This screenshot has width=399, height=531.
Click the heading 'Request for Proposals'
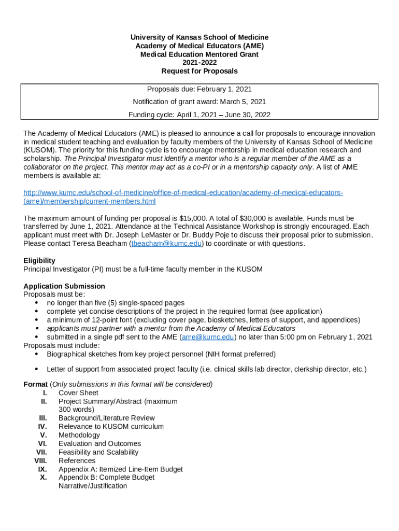[x=199, y=71]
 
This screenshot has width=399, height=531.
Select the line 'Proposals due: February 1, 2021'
[x=199, y=89]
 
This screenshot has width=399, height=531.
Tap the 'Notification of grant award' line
[x=199, y=102]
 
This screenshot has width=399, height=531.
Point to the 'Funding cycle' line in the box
[x=199, y=115]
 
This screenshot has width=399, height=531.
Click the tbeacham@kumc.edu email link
[x=166, y=244]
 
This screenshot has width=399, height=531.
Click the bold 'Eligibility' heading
[x=39, y=261]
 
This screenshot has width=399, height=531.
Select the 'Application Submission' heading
[x=64, y=286]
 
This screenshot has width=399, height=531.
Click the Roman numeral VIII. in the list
[x=40, y=460]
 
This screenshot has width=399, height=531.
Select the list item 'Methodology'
[x=79, y=435]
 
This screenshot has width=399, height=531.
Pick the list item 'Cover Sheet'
[x=78, y=393]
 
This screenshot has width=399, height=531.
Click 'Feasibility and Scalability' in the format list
[x=98, y=452]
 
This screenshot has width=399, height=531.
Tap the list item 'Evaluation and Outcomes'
[x=99, y=443]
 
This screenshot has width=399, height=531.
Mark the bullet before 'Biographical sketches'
[x=36, y=354]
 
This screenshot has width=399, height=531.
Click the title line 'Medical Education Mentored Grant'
[x=199, y=54]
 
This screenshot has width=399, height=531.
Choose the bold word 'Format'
[x=35, y=384]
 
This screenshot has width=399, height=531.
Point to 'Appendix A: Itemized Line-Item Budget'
[x=120, y=469]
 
